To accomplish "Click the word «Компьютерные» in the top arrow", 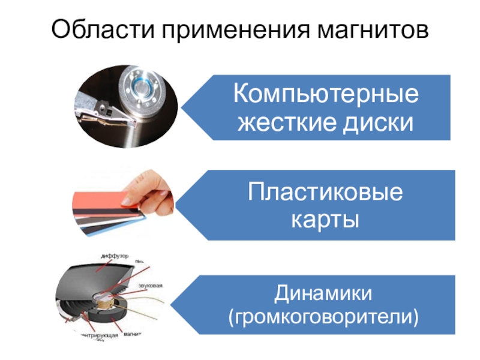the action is [326, 95].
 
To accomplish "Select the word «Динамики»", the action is [323, 293].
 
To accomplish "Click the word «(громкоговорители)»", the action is [323, 316].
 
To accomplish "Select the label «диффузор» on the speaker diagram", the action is [115, 256].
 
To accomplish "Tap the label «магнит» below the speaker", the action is [133, 335].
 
